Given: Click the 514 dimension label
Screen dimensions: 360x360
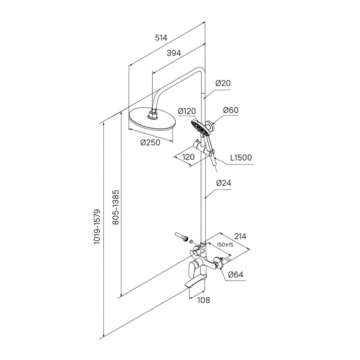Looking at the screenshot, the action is [161, 38].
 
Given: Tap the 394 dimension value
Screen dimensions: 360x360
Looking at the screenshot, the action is [174, 53].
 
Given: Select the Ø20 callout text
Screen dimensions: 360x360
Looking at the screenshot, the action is [223, 83].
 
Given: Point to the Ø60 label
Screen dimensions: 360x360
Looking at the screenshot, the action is [231, 110].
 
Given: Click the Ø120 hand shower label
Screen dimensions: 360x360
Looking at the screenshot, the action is [187, 111].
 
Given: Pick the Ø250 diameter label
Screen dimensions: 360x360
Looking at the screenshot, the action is [150, 143].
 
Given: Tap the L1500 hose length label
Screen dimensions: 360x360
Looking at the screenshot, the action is [241, 158].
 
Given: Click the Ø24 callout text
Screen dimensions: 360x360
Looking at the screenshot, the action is [224, 183].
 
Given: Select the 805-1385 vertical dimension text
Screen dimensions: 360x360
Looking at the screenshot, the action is [116, 207].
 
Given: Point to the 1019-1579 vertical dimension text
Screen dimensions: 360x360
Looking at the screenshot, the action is [97, 226].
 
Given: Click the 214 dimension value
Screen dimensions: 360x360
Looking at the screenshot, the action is [240, 236].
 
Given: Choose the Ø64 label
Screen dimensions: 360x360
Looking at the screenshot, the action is [236, 274].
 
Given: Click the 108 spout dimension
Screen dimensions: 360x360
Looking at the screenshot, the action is [204, 300].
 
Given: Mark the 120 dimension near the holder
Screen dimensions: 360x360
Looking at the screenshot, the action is [188, 157].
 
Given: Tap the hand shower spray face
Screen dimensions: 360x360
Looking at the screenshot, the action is [200, 129].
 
